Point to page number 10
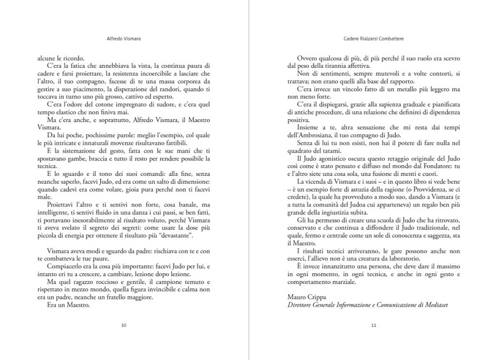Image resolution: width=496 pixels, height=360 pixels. tap(124, 325)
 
